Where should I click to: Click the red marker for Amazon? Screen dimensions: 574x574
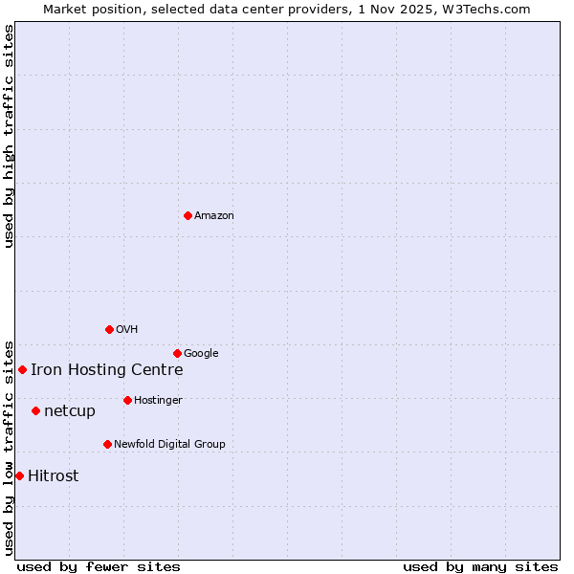pos(188,215)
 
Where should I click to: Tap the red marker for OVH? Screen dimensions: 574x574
pos(109,329)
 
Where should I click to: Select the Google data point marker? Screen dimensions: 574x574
pos(177,353)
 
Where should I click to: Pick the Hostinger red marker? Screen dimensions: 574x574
pos(127,400)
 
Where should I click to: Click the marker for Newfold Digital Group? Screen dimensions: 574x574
pos(107,444)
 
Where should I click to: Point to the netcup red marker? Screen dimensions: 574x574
pos(35,410)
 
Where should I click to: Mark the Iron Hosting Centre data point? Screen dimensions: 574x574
pos(22,369)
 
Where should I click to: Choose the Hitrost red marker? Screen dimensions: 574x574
pos(19,475)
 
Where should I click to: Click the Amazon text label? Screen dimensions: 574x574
pos(214,216)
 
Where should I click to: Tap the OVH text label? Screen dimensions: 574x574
pos(127,330)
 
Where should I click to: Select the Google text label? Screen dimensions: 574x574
pos(201,354)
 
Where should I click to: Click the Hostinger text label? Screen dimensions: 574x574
pos(158,401)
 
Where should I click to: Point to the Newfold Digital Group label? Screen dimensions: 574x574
pos(169,445)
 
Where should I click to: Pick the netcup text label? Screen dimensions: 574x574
pos(70,411)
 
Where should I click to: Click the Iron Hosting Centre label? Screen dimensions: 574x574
pos(106,370)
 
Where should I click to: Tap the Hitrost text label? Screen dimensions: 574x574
pos(54,476)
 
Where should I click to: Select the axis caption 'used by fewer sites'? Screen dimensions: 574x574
pos(99,566)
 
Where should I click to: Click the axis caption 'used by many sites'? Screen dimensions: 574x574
pos(480,566)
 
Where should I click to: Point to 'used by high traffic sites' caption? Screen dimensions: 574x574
pos(9,136)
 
